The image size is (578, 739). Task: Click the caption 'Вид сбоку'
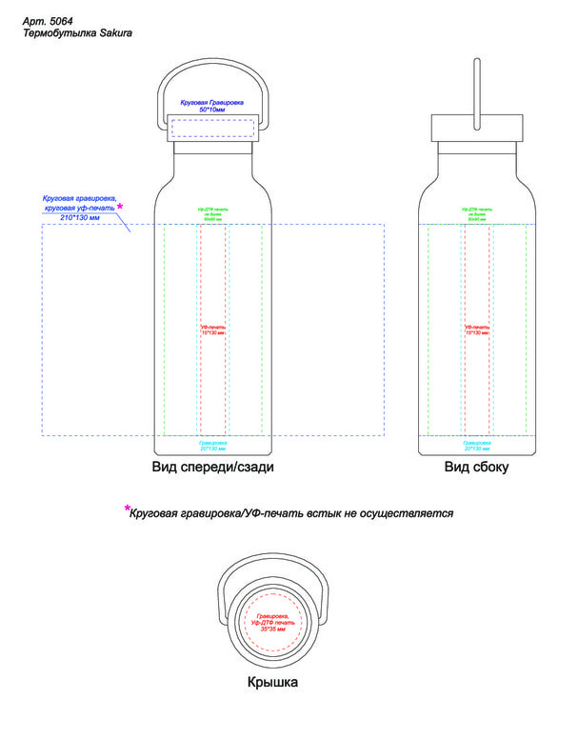(x=476, y=468)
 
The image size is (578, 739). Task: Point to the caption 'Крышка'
(x=273, y=683)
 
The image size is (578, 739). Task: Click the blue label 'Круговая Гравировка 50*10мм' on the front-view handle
(x=212, y=106)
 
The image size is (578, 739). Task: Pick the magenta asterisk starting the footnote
(x=127, y=509)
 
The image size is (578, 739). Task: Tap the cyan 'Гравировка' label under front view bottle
(x=212, y=443)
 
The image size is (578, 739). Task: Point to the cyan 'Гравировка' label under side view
(x=477, y=443)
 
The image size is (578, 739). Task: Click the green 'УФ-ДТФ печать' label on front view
(x=212, y=209)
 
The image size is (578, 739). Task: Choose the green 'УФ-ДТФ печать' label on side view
(x=477, y=209)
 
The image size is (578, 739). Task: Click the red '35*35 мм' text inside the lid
(x=273, y=629)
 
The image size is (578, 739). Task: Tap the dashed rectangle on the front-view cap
(x=212, y=130)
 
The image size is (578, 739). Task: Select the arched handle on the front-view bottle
(x=212, y=70)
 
